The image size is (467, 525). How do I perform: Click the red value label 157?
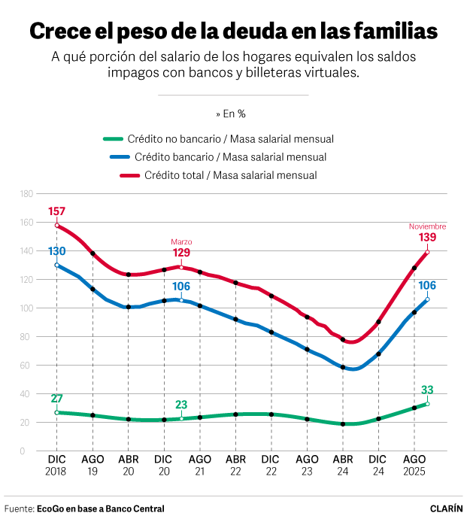pyautogui.click(x=57, y=212)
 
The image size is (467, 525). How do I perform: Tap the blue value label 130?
pyautogui.click(x=57, y=251)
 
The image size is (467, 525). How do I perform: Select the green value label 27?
pyautogui.click(x=57, y=399)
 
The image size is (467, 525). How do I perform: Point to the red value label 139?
pyautogui.click(x=428, y=238)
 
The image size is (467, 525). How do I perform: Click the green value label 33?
pyautogui.click(x=428, y=390)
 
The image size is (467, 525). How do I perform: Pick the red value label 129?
pyautogui.click(x=182, y=253)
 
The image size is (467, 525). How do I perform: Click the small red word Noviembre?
pyautogui.click(x=427, y=226)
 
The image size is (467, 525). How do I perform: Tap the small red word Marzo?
pyautogui.click(x=182, y=241)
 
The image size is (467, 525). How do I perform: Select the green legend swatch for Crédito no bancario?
pyautogui.click(x=113, y=139)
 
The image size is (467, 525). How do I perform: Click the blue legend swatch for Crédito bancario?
pyautogui.click(x=120, y=157)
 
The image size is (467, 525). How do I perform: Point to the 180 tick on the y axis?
pyautogui.click(x=26, y=194)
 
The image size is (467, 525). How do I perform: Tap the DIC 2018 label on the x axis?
pyautogui.click(x=57, y=464)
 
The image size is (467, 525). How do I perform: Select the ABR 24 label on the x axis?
pyautogui.click(x=343, y=464)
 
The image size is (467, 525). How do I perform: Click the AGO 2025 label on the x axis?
pyautogui.click(x=414, y=464)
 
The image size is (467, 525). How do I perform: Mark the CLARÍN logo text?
pyautogui.click(x=446, y=508)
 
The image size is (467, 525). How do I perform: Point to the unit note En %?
pyautogui.click(x=233, y=114)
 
